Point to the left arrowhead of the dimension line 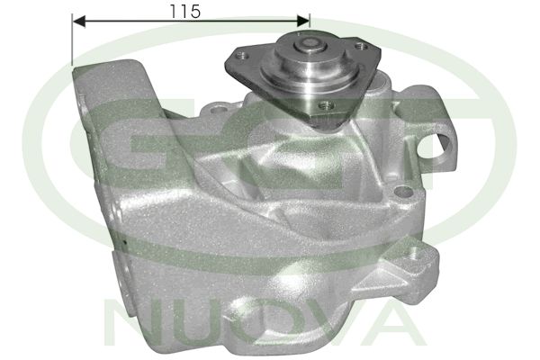click(x=76, y=19)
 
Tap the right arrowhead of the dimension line click(x=304, y=19)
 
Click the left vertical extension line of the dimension click(x=71, y=40)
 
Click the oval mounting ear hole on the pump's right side click(x=445, y=144)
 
